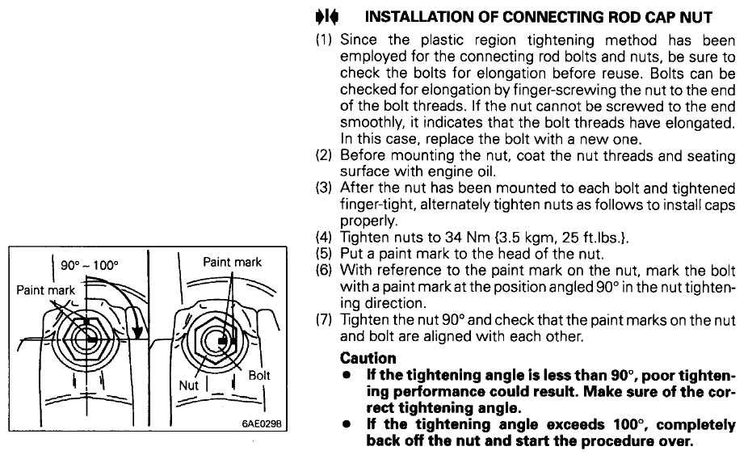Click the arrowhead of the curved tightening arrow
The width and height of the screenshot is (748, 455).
137,334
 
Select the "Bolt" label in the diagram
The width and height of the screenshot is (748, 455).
259,376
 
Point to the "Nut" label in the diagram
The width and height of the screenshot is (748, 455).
188,385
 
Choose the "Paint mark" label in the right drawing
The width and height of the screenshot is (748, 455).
232,262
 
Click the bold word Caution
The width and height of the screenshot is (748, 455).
368,358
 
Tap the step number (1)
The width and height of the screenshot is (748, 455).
326,40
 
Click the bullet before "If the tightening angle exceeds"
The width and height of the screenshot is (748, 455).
347,425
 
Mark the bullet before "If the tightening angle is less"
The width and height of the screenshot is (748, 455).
347,375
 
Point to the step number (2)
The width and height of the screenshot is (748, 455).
326,155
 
